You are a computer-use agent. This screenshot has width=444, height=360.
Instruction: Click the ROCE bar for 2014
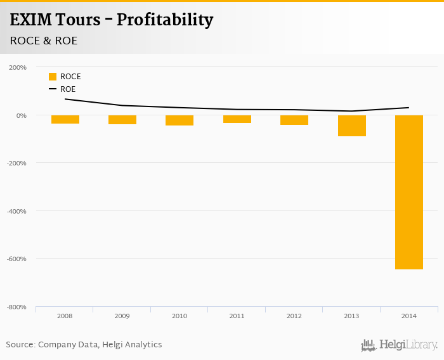(408, 192)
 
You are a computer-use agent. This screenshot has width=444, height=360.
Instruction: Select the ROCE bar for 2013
(351, 125)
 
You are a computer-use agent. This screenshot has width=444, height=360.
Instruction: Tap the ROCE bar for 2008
(65, 119)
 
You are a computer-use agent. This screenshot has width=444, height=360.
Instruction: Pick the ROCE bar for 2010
(180, 120)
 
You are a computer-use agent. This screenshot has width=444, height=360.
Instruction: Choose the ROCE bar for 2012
(294, 120)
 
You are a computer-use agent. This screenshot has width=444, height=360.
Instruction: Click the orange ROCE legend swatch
(53, 77)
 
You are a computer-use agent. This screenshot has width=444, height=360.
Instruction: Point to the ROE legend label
(68, 89)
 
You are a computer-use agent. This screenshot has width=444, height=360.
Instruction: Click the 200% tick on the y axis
(17, 67)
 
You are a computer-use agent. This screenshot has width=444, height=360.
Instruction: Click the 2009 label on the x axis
(122, 316)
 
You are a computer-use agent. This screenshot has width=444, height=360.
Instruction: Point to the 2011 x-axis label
(237, 316)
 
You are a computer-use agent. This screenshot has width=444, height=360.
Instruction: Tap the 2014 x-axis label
(408, 316)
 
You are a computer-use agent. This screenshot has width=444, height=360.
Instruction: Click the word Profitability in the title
(166, 20)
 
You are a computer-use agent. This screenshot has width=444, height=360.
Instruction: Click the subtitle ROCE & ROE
(44, 41)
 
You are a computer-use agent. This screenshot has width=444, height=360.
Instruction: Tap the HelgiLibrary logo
(399, 345)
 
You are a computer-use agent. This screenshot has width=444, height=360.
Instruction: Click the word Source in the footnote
(20, 345)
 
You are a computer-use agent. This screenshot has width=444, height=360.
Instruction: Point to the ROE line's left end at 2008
(65, 99)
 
